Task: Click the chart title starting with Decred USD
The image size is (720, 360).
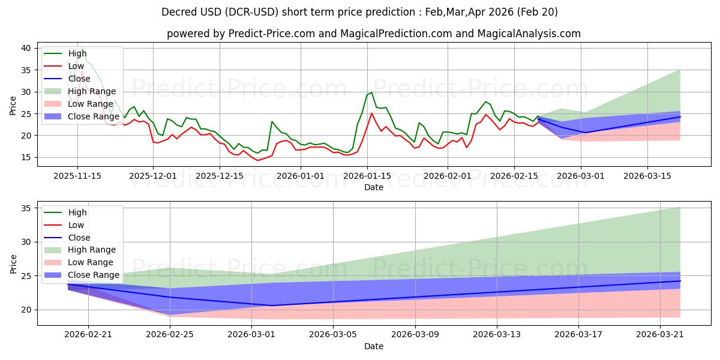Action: coord(359,12)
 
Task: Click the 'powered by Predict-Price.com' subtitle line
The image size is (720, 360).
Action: coord(373,34)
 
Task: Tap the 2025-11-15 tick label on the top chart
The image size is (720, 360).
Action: coord(77,176)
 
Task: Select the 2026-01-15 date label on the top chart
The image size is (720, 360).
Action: coord(367,176)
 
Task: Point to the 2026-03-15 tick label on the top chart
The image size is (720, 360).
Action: coord(647,176)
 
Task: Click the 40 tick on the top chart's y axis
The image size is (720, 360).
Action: coord(26,48)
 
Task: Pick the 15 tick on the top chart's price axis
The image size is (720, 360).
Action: coord(26,157)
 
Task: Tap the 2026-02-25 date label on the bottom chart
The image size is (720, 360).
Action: coord(170,335)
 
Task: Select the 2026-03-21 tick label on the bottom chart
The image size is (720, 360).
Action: coord(660,335)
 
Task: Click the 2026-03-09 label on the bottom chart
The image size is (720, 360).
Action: coord(415,335)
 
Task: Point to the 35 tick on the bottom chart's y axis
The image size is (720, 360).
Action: coord(26,208)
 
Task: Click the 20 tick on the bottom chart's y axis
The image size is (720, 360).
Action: coord(26,310)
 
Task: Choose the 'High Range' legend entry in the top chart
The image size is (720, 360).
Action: coord(80,91)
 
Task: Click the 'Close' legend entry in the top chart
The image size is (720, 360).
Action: coord(67,79)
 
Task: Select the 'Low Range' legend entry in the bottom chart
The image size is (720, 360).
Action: coord(79,262)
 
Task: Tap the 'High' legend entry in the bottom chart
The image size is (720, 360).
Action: coord(65,212)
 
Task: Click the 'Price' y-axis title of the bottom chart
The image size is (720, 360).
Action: coord(13,264)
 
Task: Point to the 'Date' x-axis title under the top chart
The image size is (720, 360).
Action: coord(373,187)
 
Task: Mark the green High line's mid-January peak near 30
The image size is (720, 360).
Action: coord(371,92)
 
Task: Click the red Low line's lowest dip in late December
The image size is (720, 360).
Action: coord(257,160)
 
